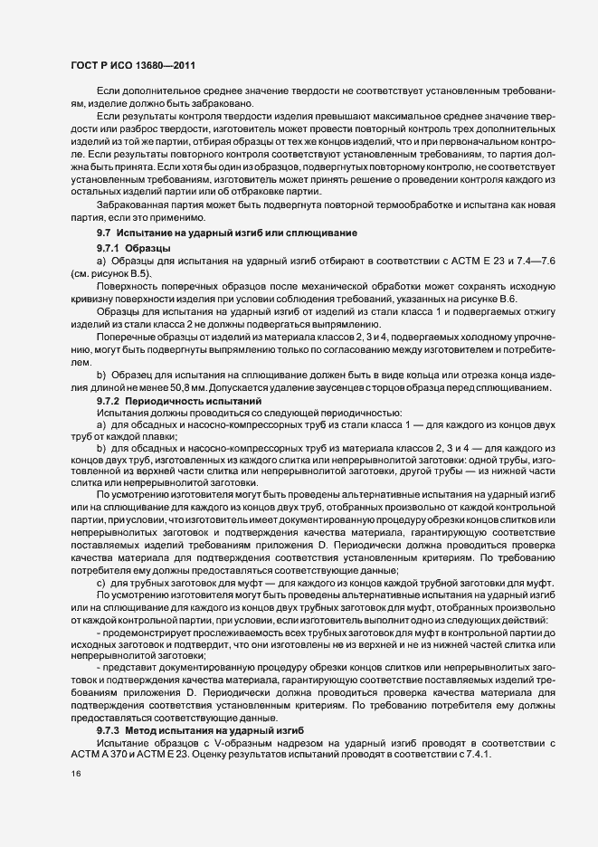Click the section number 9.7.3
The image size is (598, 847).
pos(109,728)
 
